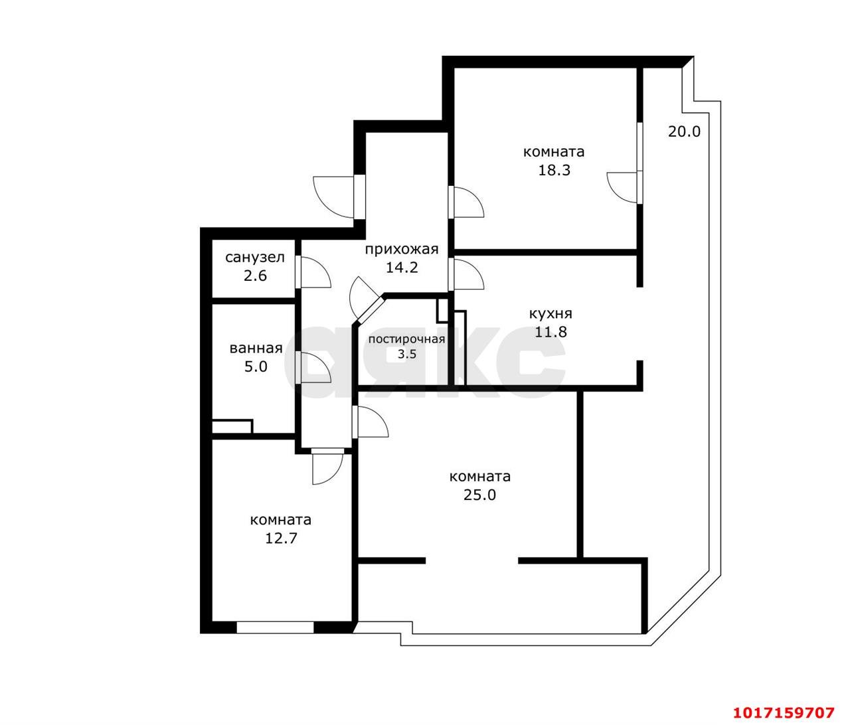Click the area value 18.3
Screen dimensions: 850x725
(554, 170)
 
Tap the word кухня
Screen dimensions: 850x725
(551, 314)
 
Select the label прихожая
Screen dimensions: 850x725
(402, 249)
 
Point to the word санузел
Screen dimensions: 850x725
(255, 258)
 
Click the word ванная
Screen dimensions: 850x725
(256, 349)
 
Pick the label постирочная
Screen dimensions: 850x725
(406, 339)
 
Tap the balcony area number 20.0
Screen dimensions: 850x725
(684, 131)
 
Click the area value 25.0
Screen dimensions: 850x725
(480, 495)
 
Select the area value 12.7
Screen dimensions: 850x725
(281, 538)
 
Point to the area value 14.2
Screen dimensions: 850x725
(402, 268)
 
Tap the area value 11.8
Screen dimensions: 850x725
(551, 331)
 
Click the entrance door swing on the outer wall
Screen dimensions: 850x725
(333, 197)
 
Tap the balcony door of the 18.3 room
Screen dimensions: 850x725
(623, 187)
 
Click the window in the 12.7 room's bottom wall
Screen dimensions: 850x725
(275, 627)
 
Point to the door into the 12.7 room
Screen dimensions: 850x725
(328, 466)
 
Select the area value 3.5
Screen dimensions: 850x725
(406, 354)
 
